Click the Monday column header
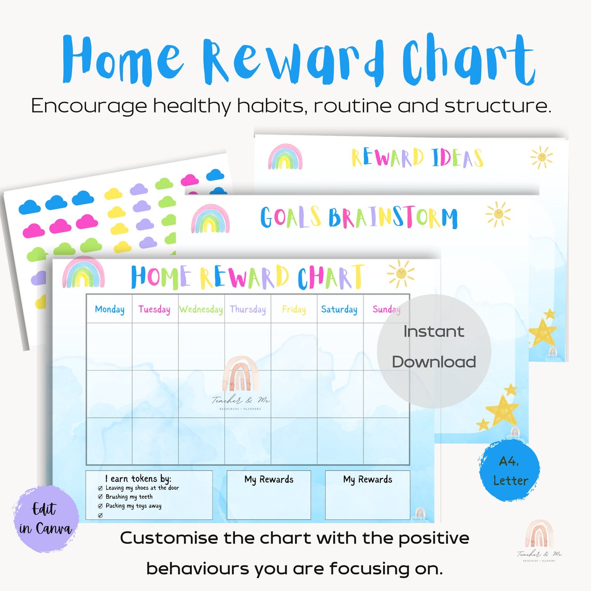[x=109, y=309]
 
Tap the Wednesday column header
[x=201, y=309]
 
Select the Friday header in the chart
[x=293, y=309]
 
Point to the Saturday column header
[x=339, y=309]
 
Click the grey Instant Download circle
[x=433, y=346]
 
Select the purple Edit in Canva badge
[x=45, y=518]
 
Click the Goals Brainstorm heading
[x=359, y=218]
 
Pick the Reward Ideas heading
[x=417, y=158]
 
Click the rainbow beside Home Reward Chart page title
[x=83, y=273]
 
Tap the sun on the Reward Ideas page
[x=541, y=157]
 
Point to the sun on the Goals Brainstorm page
[x=498, y=214]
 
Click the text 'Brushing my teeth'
[x=129, y=497]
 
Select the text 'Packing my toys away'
[x=133, y=506]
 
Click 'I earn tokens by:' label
[x=138, y=479]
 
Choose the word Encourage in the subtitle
[x=89, y=106]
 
